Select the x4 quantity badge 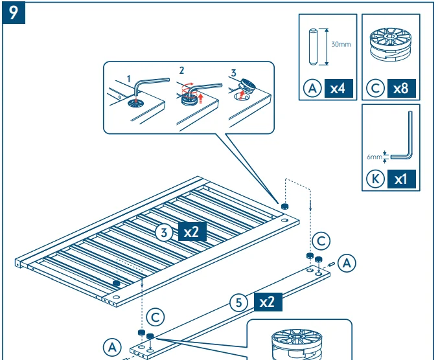coord(337,88)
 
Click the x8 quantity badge coord(400,88)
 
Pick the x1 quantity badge coord(400,179)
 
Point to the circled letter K coord(375,179)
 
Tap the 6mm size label coord(375,155)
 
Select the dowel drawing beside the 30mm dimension coord(313,47)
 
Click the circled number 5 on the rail coord(240,302)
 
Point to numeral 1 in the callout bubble coord(128,79)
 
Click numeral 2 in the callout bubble coord(182,69)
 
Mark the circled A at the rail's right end coord(347,263)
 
